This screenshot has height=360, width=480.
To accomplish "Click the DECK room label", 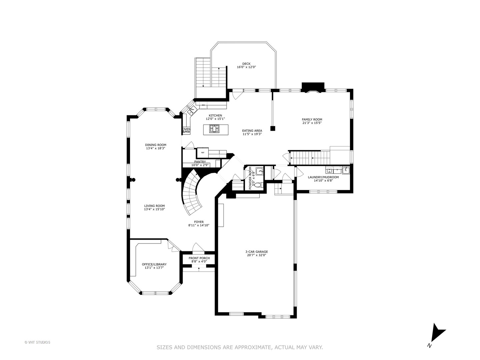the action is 246,64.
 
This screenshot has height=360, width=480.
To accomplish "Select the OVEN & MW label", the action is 186,130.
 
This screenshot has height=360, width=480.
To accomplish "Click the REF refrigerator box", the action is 203,153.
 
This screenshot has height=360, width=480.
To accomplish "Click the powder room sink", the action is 260,171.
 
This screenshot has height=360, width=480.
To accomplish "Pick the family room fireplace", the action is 313,87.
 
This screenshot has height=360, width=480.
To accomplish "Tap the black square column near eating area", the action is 272,129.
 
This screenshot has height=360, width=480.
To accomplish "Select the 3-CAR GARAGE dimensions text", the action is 257,255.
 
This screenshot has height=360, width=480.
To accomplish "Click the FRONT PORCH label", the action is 199,258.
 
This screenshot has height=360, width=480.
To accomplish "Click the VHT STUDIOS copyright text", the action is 37,342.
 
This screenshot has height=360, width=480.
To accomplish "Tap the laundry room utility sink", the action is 346,170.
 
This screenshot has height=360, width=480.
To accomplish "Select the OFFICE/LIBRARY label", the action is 154,264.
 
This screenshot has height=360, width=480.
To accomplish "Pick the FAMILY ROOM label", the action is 312,120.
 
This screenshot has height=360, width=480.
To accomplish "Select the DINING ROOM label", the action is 155,145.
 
